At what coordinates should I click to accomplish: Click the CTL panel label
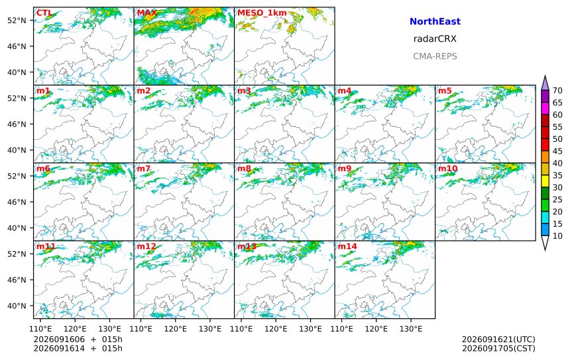(44, 13)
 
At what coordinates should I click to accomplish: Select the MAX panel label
(147, 13)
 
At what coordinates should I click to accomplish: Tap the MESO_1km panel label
(262, 13)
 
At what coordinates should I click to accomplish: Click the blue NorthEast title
(435, 21)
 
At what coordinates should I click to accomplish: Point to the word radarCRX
(435, 39)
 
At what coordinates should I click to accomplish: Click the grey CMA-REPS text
(435, 56)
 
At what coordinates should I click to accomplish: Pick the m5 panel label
(445, 91)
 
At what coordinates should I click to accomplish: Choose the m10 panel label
(447, 168)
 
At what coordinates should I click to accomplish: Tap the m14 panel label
(347, 247)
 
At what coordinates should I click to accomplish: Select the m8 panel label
(244, 168)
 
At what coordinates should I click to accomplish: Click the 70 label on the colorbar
(557, 91)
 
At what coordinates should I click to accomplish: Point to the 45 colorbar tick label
(557, 151)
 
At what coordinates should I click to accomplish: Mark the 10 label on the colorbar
(557, 236)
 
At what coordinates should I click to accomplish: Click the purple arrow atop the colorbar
(545, 83)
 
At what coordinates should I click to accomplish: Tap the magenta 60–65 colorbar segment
(545, 109)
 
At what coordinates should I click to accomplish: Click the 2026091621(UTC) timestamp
(498, 339)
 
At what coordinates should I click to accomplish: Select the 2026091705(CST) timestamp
(498, 348)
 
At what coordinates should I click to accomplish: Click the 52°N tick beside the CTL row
(17, 21)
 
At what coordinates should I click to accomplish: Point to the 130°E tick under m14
(411, 329)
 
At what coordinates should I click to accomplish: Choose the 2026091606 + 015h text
(78, 339)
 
